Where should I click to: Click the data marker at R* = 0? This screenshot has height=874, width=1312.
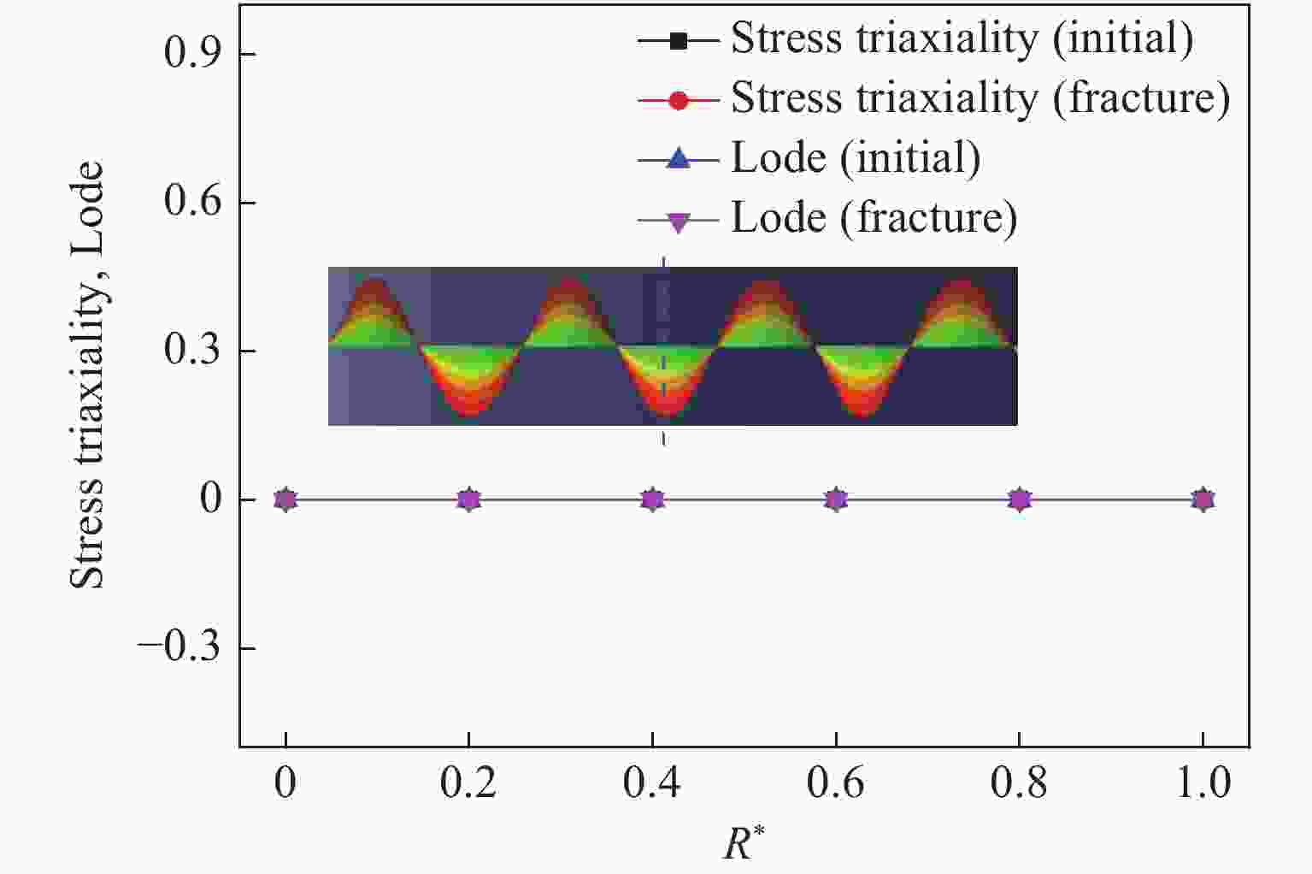(x=285, y=499)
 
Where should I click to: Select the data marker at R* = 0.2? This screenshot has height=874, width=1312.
(x=468, y=499)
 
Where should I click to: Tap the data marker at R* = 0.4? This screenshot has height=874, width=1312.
(x=653, y=499)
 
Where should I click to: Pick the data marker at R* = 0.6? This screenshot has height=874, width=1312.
(x=836, y=499)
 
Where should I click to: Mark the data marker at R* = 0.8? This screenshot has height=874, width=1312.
(x=1020, y=499)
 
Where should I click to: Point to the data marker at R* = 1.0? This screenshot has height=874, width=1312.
(x=1203, y=499)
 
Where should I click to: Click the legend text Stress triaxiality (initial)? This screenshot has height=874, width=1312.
(x=962, y=38)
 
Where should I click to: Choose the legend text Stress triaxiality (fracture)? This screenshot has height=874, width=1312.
(x=980, y=98)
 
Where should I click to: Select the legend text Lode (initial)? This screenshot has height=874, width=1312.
(x=856, y=158)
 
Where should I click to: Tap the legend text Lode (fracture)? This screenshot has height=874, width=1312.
(x=874, y=218)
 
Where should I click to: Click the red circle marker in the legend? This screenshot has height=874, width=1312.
(x=678, y=100)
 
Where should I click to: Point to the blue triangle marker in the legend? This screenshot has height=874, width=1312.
(x=678, y=159)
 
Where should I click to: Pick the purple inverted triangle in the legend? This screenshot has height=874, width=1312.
(x=678, y=221)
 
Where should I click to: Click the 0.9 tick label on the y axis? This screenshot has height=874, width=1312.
(x=192, y=54)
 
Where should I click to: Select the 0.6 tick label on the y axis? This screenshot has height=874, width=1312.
(x=192, y=203)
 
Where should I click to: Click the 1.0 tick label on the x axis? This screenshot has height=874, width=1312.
(x=1203, y=783)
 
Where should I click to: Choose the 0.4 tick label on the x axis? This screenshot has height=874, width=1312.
(x=653, y=783)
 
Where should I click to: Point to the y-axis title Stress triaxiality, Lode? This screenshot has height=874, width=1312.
(x=87, y=376)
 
